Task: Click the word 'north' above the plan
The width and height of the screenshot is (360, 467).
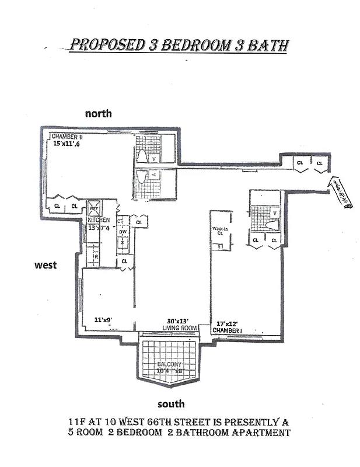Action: coord(98,113)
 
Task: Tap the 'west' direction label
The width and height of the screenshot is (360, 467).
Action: coord(45,265)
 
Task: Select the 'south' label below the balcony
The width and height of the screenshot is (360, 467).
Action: coord(171,403)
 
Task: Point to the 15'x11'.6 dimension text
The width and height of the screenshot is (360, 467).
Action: coord(66,143)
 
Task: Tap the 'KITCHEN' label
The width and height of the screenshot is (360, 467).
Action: coord(99,220)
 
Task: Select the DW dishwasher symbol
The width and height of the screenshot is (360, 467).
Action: coord(123,232)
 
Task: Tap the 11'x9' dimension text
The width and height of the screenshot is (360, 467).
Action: coord(103,319)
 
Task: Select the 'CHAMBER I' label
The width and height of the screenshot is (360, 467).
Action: coord(228,330)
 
